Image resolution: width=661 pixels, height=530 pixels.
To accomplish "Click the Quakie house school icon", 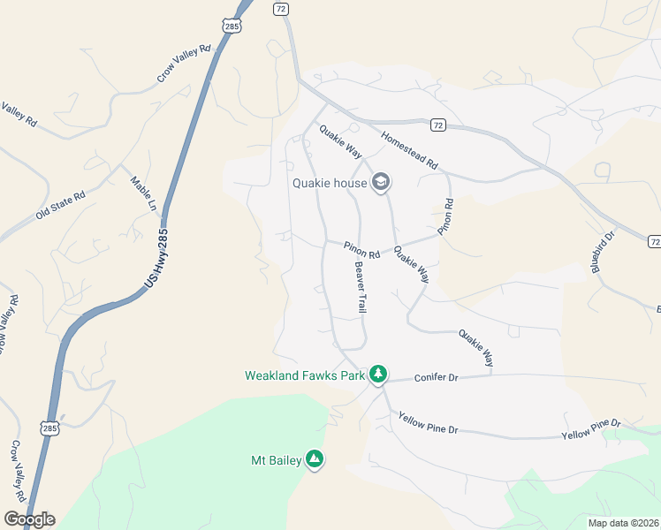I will (381, 183).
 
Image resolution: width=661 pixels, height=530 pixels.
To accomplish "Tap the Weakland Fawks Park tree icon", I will (378, 375).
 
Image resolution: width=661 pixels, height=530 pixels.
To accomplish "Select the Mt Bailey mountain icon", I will (314, 459).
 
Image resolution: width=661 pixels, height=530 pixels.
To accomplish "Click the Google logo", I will (28, 519).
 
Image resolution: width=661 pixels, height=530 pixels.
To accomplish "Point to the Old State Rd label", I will (60, 205).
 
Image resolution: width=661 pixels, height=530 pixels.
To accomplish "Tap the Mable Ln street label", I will (142, 193).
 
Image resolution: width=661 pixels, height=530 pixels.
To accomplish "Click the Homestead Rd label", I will (409, 151).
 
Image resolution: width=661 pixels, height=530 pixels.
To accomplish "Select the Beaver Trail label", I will (361, 287).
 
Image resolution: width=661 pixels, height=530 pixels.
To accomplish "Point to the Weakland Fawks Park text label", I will (305, 375).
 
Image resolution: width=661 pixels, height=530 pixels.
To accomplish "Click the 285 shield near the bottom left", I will (49, 428).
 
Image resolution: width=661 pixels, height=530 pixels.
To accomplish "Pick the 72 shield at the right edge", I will (654, 241).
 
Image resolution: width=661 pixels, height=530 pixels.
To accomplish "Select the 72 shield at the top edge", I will (281, 8).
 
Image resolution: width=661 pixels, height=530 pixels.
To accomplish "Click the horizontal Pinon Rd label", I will (362, 251).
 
